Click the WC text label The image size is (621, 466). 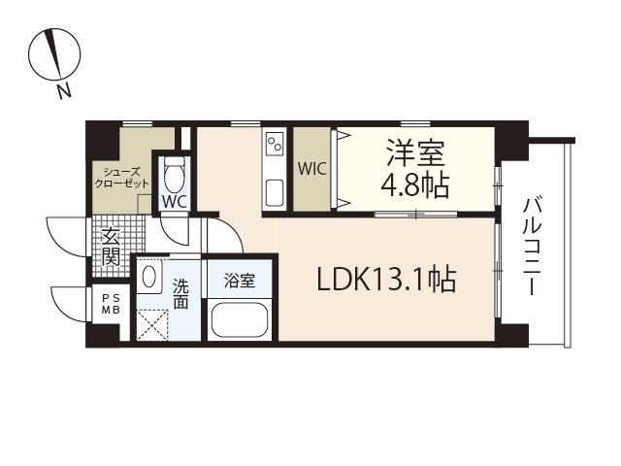pyautogui.click(x=175, y=202)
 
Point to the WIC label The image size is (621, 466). pyautogui.click(x=311, y=168)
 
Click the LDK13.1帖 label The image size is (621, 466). pyautogui.click(x=387, y=280)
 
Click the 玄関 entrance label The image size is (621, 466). pyautogui.click(x=111, y=247)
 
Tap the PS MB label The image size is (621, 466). pyautogui.click(x=111, y=304)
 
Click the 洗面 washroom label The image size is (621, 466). pyautogui.click(x=181, y=293)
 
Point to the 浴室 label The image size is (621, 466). pyautogui.click(x=239, y=282)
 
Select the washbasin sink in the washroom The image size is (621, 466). pyautogui.click(x=149, y=278)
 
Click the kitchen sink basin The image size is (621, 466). pyautogui.click(x=273, y=189)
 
